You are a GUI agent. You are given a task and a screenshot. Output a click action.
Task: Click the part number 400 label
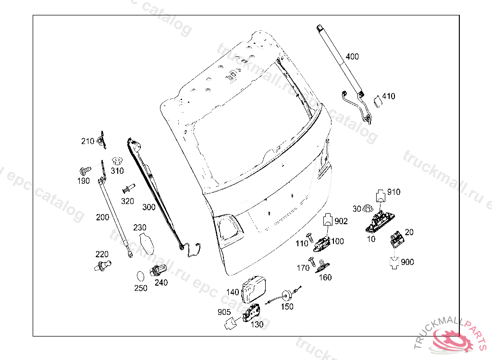tap(352, 57)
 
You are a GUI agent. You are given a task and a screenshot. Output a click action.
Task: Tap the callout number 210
tap(87, 142)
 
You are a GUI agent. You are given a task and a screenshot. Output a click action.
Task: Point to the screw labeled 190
tap(85, 171)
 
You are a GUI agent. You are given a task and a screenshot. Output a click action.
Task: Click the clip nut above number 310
tap(117, 161)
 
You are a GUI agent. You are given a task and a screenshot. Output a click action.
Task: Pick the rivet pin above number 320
tap(129, 189)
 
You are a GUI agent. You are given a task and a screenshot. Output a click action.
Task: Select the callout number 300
tap(149, 207)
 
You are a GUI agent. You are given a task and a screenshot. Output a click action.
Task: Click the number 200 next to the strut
tap(103, 217)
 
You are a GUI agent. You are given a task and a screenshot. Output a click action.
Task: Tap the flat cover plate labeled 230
tap(147, 243)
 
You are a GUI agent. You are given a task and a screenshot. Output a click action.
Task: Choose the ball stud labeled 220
tap(103, 265)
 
